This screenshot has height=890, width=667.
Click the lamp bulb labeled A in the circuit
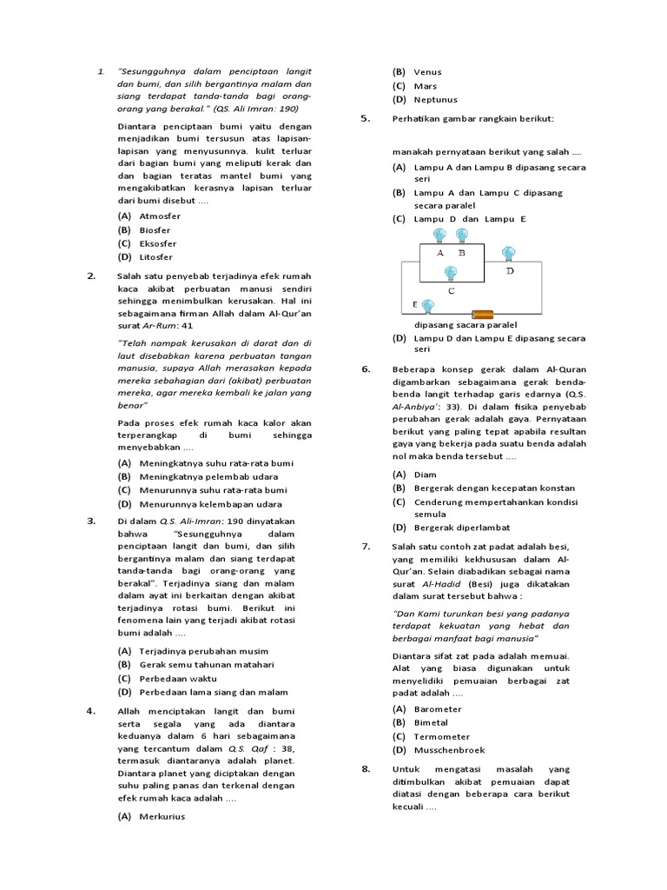tap(439, 236)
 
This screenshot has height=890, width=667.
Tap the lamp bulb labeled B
tap(461, 236)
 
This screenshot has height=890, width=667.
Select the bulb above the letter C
tap(450, 274)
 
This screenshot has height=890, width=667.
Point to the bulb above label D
tap(509, 253)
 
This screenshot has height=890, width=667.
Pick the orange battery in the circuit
tap(482, 313)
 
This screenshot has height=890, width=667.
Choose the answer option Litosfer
tap(155, 257)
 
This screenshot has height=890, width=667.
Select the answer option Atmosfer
tap(160, 216)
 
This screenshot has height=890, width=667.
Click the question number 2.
tap(90, 276)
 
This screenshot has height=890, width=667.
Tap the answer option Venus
tap(427, 72)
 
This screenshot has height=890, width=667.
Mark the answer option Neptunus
tap(435, 100)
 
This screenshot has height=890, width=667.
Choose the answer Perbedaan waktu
tap(180, 679)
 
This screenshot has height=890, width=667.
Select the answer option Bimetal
tap(431, 722)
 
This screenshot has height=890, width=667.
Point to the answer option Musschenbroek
tap(449, 750)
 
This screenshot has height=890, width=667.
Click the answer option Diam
tap(426, 475)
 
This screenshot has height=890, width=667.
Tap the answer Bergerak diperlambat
tap(461, 527)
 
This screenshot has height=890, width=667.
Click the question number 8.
tap(366, 768)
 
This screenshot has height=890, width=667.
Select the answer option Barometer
tap(438, 709)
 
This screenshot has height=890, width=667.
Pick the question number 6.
tap(366, 369)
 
